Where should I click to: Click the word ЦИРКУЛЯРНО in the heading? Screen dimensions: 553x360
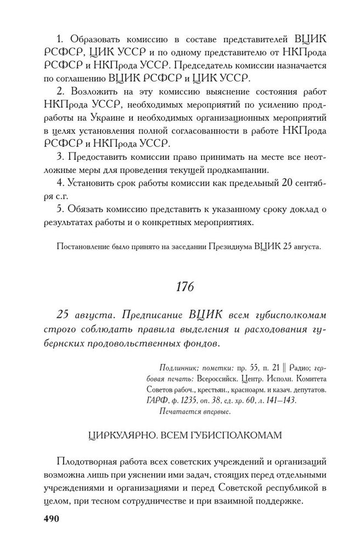click(x=118, y=435)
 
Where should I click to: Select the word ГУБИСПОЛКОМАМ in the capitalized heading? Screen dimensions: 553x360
click(x=234, y=435)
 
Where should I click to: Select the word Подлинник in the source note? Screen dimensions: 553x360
click(x=177, y=367)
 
